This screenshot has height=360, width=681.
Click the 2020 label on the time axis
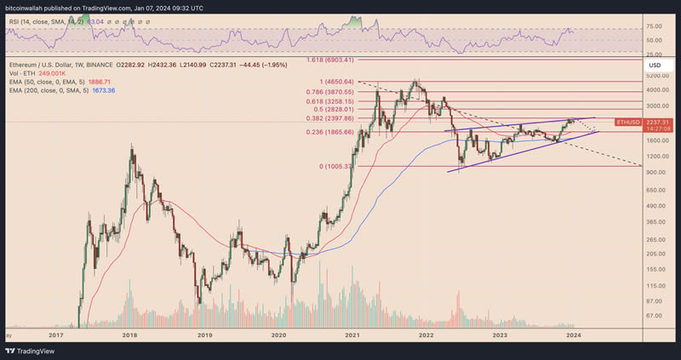pyautogui.click(x=279, y=335)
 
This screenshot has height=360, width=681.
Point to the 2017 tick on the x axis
pyautogui.click(x=56, y=335)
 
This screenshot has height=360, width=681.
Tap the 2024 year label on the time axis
pyautogui.click(x=574, y=335)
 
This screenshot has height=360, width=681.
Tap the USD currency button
pyautogui.click(x=655, y=65)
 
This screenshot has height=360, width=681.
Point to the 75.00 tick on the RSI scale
pyautogui.click(x=654, y=29)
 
